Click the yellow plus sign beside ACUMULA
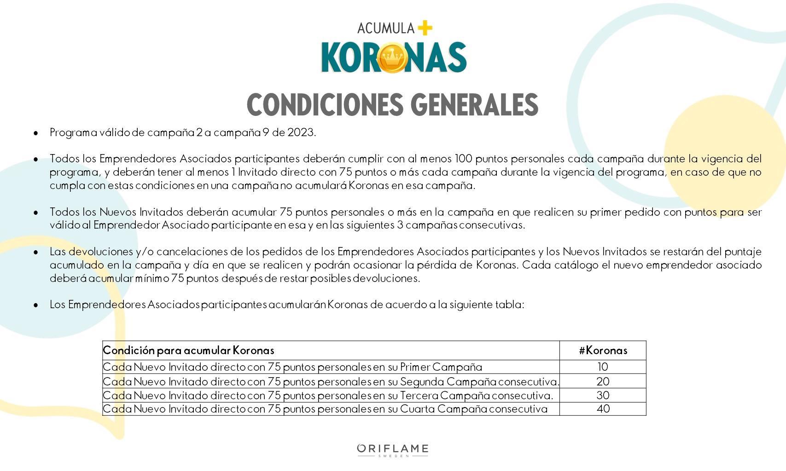425,28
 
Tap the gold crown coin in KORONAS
392,57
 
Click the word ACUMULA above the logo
385,29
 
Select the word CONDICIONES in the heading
325,105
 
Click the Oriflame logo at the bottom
393,449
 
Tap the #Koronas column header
603,350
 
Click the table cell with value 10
603,367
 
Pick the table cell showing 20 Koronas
603,381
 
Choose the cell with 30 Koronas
603,395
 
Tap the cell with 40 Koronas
603,409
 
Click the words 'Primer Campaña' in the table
441,367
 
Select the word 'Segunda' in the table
422,381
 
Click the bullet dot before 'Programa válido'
36,133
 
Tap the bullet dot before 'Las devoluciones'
36,253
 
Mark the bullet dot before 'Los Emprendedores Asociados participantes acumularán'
36,305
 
